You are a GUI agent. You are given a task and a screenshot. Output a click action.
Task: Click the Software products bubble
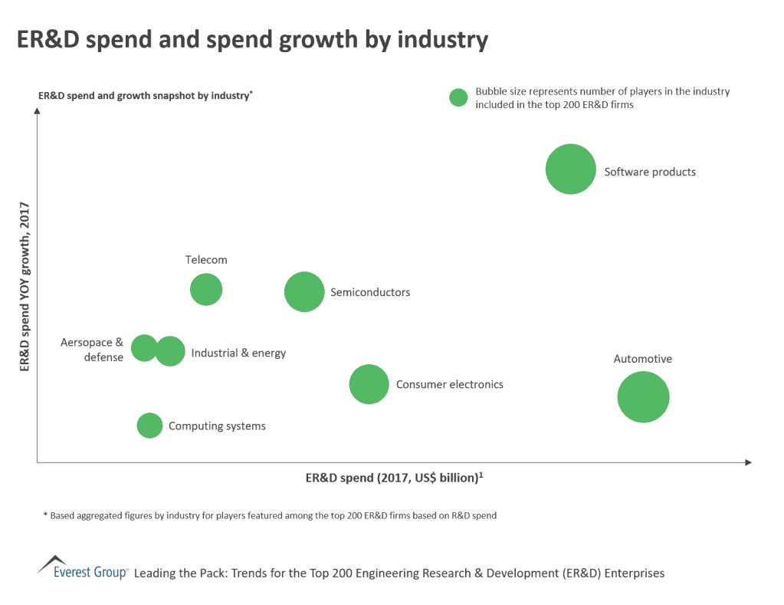coord(570,169)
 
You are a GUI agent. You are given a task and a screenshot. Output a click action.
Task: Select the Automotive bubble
coord(643,396)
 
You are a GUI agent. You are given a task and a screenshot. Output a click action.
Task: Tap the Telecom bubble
coord(206,290)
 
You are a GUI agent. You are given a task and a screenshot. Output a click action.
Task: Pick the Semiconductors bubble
coord(304,291)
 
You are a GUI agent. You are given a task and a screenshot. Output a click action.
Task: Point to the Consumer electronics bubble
coord(369,384)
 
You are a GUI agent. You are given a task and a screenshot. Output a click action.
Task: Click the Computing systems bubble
coord(149,425)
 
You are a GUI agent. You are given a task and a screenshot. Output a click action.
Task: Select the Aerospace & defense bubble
coord(143,348)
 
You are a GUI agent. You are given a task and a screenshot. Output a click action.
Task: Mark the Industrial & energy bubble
coord(171,351)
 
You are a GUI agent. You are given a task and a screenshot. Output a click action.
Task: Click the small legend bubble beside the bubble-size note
coord(458,97)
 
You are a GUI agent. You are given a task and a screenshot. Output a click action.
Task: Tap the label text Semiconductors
coord(370,292)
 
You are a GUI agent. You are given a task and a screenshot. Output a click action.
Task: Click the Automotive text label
coord(642,359)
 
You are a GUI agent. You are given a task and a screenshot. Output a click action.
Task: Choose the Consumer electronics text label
coord(449,384)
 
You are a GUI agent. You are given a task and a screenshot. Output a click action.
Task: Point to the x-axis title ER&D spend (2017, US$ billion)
coord(393,478)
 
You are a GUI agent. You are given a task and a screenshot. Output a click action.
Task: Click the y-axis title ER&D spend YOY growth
coord(24,286)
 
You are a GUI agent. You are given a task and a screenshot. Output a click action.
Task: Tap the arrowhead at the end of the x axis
coord(748,462)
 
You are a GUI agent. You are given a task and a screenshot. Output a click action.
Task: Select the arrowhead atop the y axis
coord(37,113)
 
